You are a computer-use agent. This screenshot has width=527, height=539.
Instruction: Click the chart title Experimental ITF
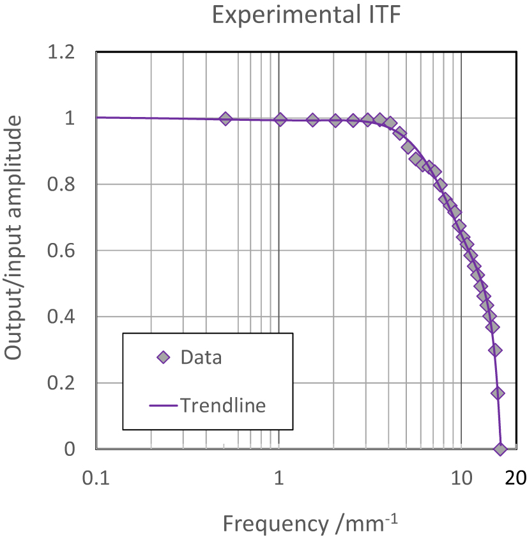[306, 15]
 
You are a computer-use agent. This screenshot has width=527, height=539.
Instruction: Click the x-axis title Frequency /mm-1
[310, 523]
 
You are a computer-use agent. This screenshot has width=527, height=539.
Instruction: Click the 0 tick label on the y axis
[70, 449]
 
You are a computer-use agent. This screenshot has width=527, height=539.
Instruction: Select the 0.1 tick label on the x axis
[96, 478]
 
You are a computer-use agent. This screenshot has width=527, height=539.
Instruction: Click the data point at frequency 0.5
[225, 118]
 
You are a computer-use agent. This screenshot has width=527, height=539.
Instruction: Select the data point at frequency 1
[280, 119]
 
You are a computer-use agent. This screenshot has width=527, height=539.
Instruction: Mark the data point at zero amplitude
[500, 449]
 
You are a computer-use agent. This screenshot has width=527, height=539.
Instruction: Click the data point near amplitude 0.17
[498, 393]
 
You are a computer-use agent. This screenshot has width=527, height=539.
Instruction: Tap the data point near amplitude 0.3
[495, 350]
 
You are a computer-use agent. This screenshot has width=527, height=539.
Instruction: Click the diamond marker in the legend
[164, 357]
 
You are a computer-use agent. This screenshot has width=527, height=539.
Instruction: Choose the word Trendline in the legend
[222, 405]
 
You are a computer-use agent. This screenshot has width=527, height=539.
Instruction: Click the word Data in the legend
[201, 357]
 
